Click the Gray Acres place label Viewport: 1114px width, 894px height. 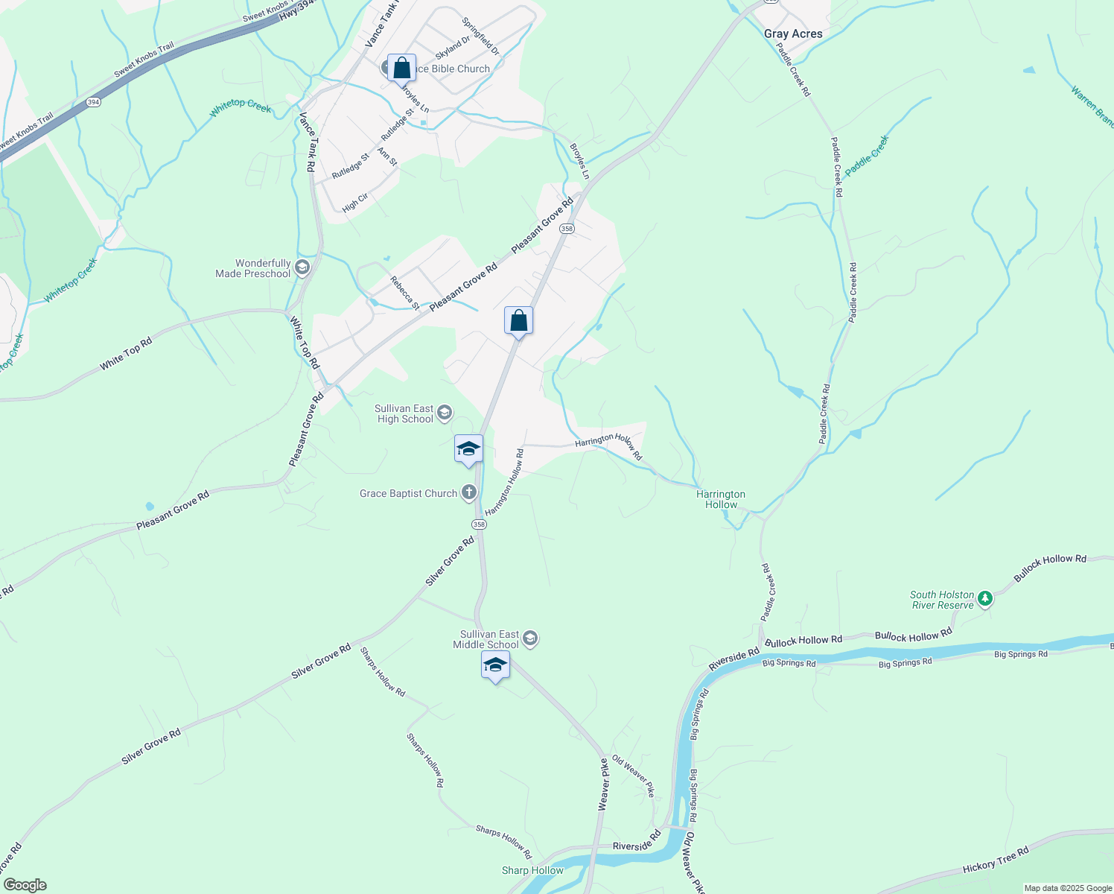pyautogui.click(x=793, y=34)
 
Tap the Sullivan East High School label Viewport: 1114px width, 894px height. pyautogui.click(x=404, y=414)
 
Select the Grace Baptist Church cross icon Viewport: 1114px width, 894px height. pyautogui.click(x=468, y=492)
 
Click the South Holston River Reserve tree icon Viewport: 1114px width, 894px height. pyautogui.click(x=985, y=598)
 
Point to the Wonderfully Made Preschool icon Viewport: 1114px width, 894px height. pyautogui.click(x=302, y=267)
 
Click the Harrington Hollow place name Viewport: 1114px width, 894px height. pyautogui.click(x=720, y=499)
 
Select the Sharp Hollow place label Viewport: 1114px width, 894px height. pyautogui.click(x=532, y=870)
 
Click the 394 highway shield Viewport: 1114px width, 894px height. pyautogui.click(x=92, y=102)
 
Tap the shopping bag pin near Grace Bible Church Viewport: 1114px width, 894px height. pyautogui.click(x=401, y=69)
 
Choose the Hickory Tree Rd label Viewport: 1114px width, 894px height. pyautogui.click(x=995, y=860)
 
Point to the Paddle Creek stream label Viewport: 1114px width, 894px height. pyautogui.click(x=867, y=155)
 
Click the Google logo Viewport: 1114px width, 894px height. pyautogui.click(x=25, y=885)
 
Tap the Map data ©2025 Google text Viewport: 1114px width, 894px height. pyautogui.click(x=1067, y=888)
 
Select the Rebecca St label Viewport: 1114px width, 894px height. pyautogui.click(x=405, y=293)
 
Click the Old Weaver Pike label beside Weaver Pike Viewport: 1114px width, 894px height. pyautogui.click(x=633, y=776)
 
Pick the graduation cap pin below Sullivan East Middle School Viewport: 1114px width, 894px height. pyautogui.click(x=495, y=665)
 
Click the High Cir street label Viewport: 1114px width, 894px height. pyautogui.click(x=355, y=203)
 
